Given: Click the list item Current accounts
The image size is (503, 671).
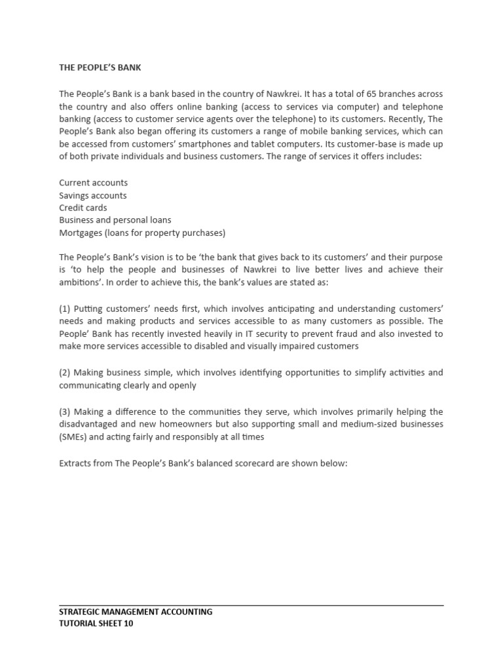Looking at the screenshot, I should (x=94, y=183).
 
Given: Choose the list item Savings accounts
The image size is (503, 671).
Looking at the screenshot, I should (x=93, y=195).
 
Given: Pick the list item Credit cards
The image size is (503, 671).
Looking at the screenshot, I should (x=83, y=208).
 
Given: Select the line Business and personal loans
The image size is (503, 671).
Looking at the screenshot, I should (x=115, y=220).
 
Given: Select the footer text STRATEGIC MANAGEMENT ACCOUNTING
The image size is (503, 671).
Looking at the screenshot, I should (x=136, y=612).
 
